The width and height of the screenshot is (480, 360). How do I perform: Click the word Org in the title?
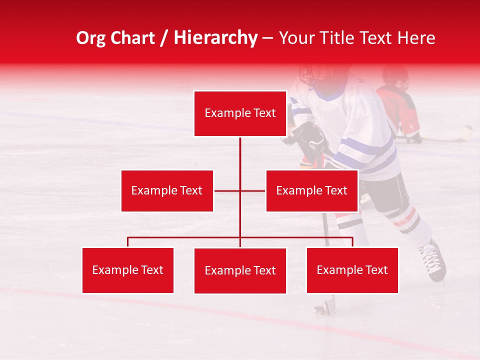coord(90,38)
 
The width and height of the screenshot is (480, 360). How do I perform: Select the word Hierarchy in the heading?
coord(215,38)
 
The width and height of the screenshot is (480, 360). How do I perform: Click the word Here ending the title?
coord(415,38)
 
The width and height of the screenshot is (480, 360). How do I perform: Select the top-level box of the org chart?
coord(240,113)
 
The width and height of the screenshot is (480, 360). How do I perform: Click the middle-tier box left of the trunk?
coord(167,190)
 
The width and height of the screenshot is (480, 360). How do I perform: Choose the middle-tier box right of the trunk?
coord(311,190)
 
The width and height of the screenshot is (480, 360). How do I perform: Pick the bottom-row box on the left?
coord(128,270)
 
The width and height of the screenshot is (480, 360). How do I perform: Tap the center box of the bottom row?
coord(240,270)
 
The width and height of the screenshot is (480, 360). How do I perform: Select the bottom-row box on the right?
coord(352,270)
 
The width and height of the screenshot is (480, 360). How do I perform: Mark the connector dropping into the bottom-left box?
coord(128,242)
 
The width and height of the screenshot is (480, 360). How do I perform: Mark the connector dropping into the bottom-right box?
coord(352,242)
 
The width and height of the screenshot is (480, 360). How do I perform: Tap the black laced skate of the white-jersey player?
coord(433,260)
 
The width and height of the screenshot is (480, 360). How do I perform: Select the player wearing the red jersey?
coord(398,105)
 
